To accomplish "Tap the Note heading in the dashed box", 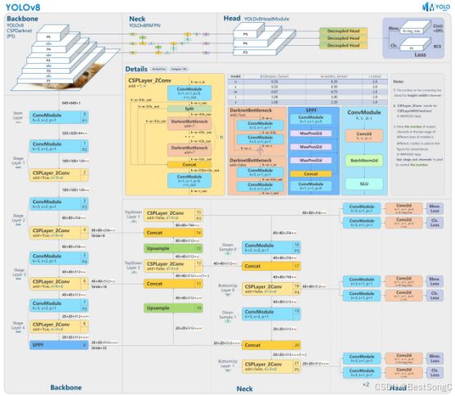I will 398,83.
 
